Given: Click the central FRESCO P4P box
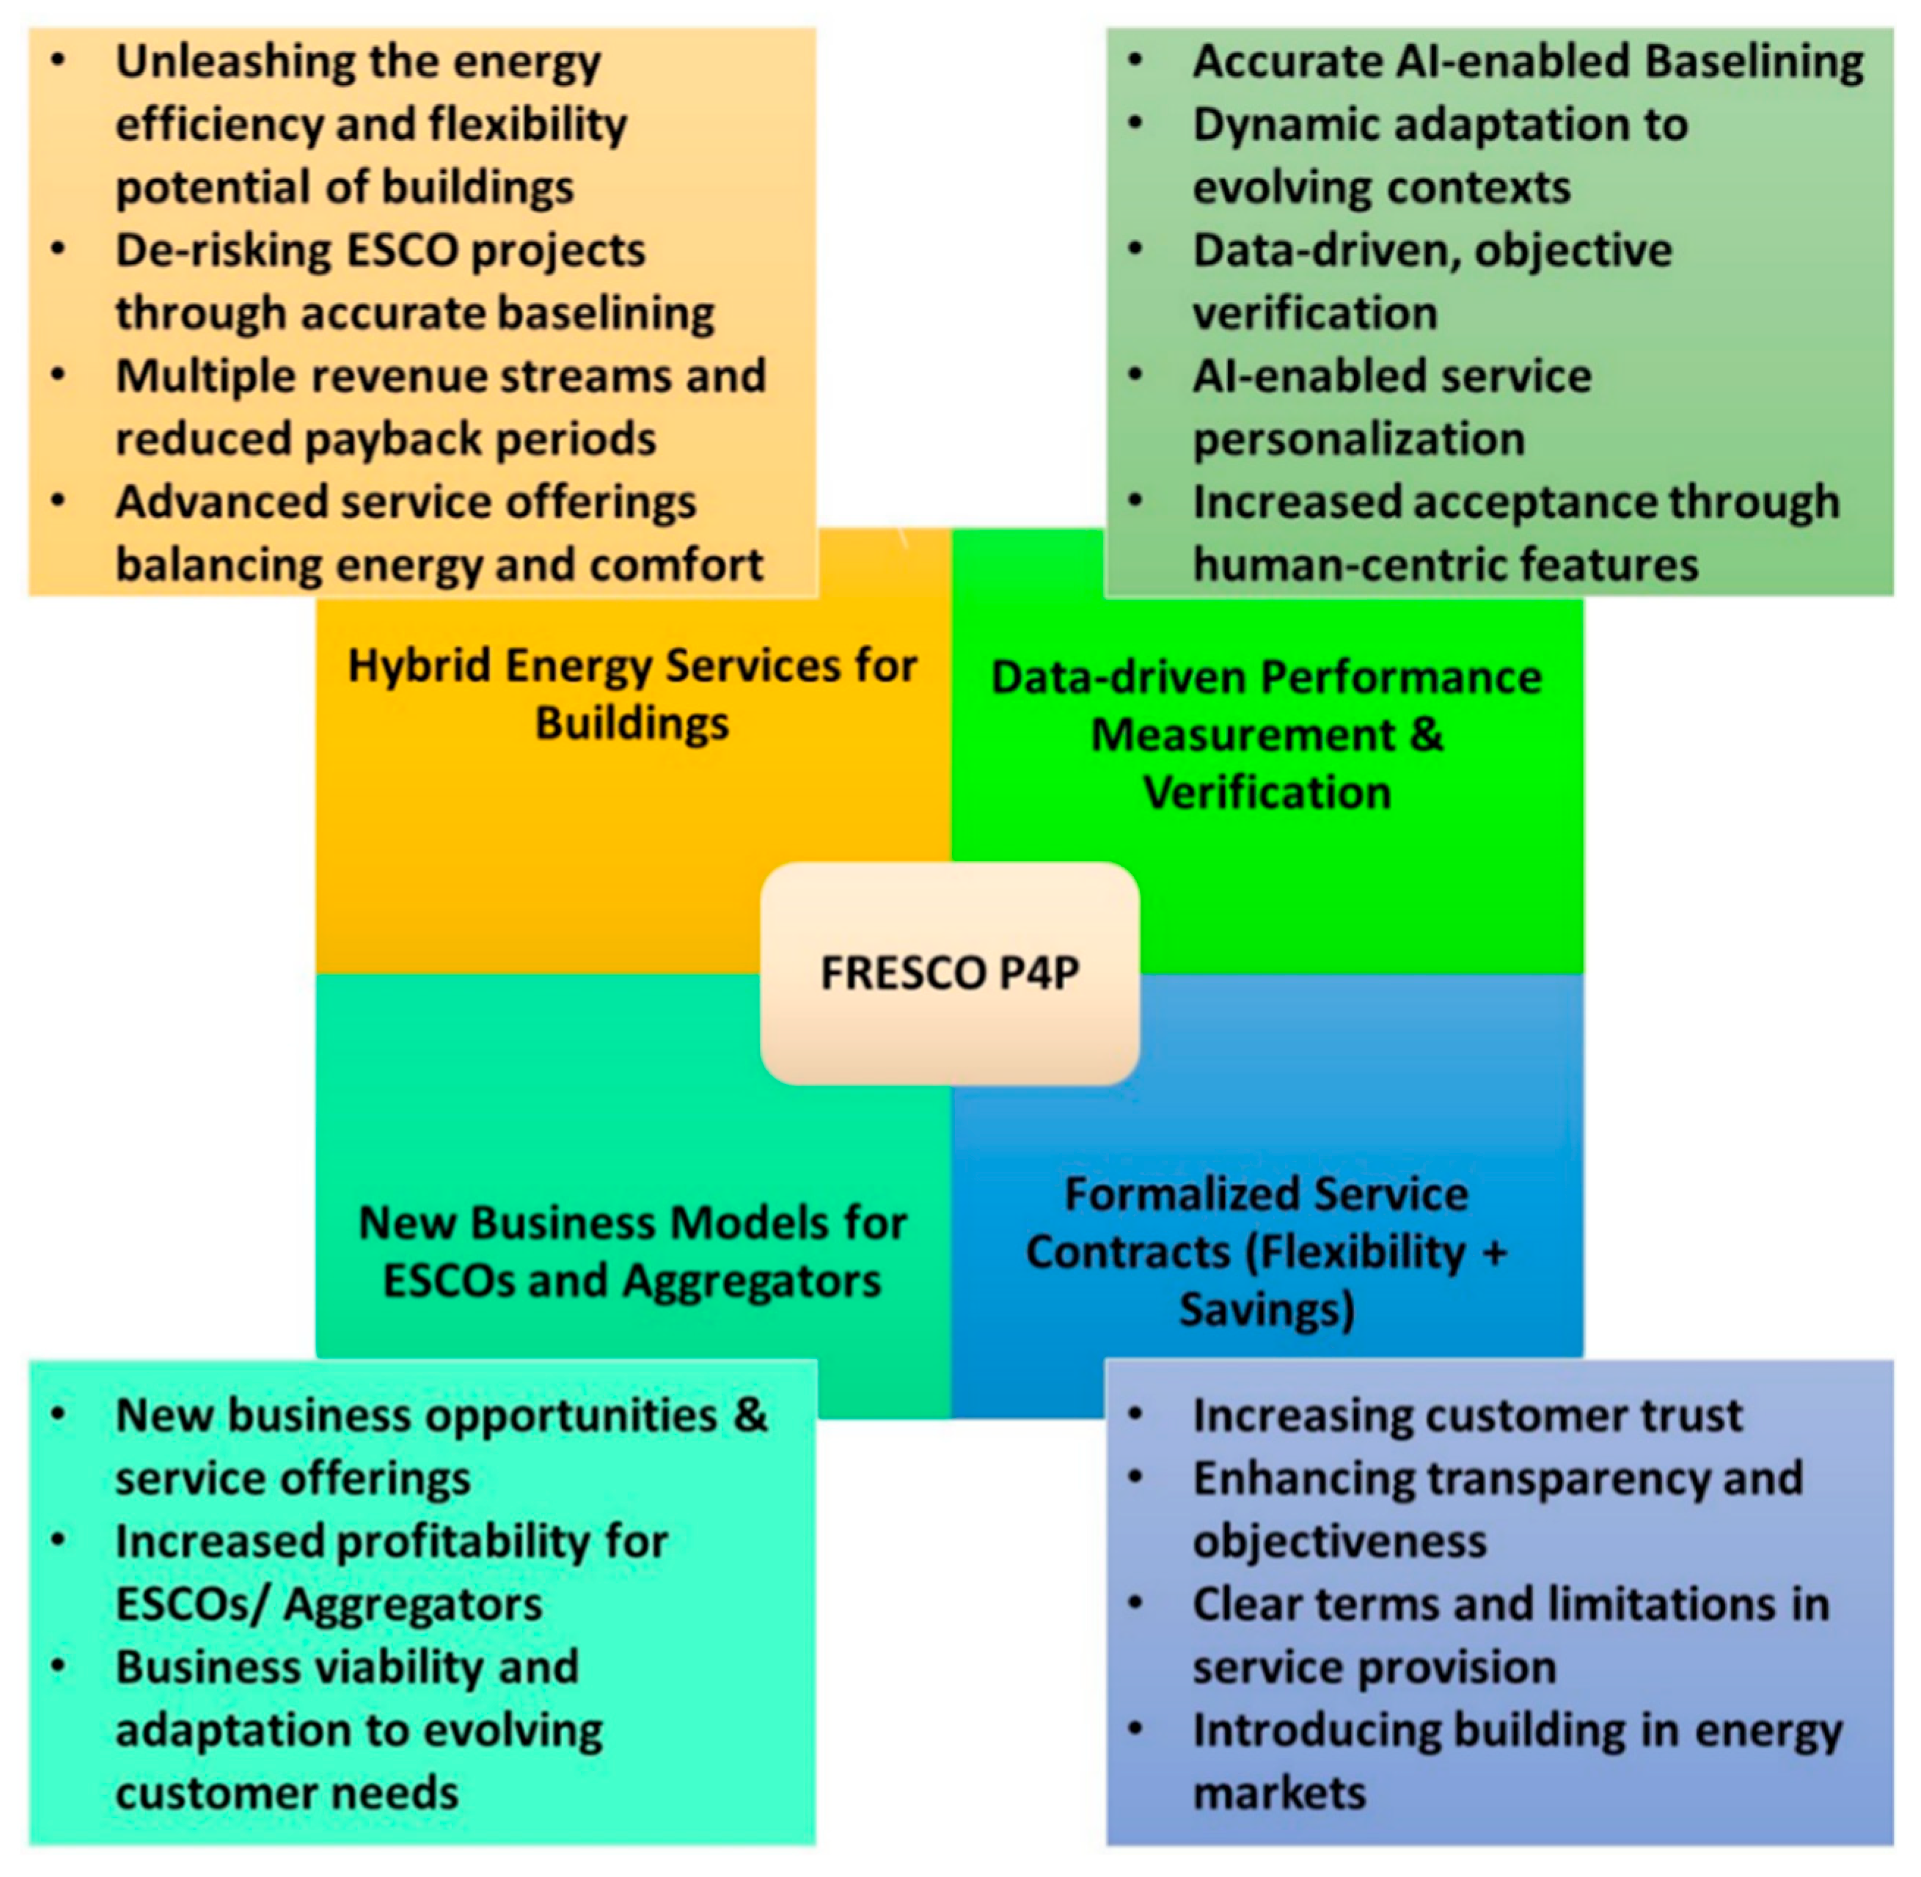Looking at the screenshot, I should pyautogui.click(x=949, y=973).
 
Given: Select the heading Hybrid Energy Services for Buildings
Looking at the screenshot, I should pyautogui.click(x=632, y=694).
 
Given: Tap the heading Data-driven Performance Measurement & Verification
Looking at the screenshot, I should pyautogui.click(x=1267, y=734).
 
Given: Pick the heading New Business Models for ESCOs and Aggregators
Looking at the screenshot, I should pyautogui.click(x=632, y=1252).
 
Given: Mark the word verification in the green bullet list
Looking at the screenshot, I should pyautogui.click(x=1315, y=313).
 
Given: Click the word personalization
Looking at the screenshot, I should pyautogui.click(x=1358, y=439).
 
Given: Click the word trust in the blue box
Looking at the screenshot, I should pyautogui.click(x=1691, y=1416).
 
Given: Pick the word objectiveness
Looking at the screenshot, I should pyautogui.click(x=1339, y=1541).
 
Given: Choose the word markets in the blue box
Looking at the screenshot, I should pyautogui.click(x=1278, y=1792).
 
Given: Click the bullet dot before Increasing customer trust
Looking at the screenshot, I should pyautogui.click(x=1135, y=1413).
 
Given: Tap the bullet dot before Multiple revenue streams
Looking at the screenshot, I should pyautogui.click(x=58, y=375).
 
